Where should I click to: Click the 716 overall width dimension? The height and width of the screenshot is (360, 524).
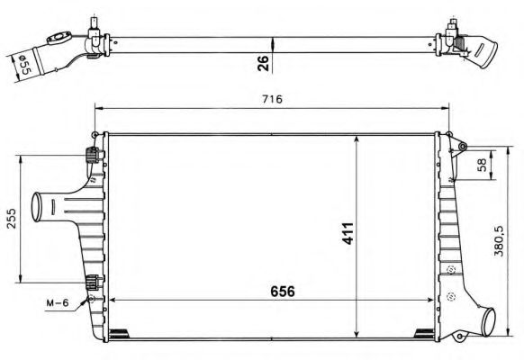click(272, 99)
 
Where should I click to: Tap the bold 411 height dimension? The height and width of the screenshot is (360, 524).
click(349, 233)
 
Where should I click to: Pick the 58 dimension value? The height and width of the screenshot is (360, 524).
click(482, 164)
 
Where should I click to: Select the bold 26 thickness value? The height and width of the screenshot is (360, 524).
click(261, 62)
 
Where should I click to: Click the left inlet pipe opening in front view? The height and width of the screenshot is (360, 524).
click(37, 206)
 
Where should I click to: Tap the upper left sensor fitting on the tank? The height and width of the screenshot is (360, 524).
click(91, 154)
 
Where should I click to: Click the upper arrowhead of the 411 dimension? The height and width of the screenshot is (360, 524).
click(359, 140)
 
